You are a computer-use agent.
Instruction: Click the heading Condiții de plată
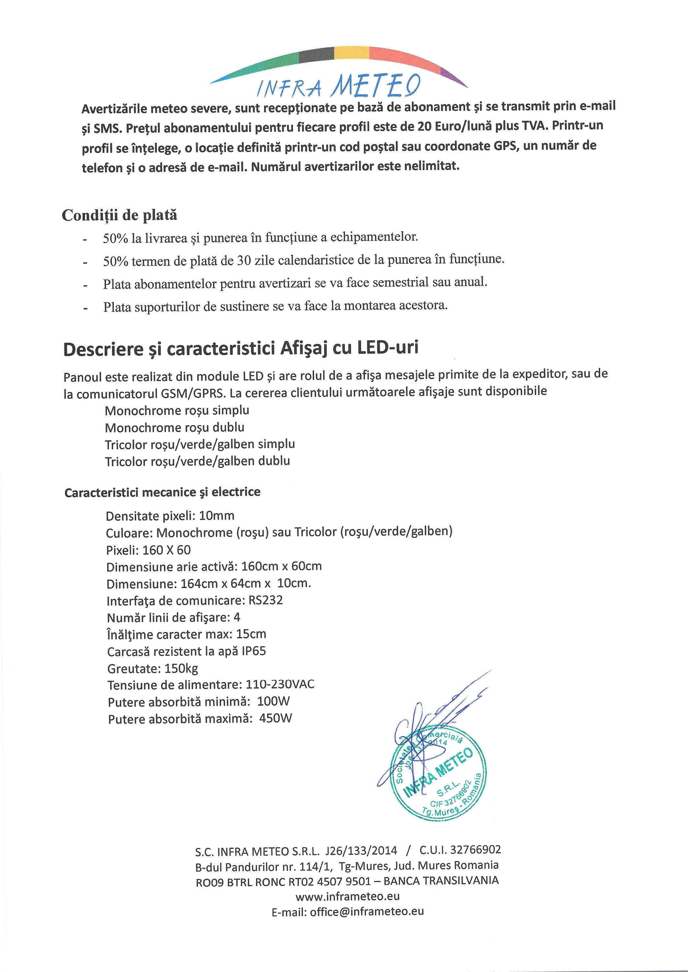pos(120,215)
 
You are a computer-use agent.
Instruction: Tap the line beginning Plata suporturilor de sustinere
pos(275,306)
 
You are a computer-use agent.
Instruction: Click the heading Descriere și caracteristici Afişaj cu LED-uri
pos(241,349)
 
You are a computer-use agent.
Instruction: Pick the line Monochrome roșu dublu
pos(175,427)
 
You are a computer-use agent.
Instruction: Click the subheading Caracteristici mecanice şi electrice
pos(162,492)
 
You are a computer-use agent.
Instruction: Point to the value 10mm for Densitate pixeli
pos(216,515)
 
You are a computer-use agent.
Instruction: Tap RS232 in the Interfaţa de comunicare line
pos(266,600)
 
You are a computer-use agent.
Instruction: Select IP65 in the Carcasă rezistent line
pos(254,651)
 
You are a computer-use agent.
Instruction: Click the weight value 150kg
pos(181,668)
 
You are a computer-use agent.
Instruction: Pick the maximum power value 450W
pos(276,719)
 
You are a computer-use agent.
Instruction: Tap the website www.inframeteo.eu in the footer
pos(347,896)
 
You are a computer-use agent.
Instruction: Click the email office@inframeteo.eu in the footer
pos(367,911)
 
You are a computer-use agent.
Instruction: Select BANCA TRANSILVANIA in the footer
pos(441,881)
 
